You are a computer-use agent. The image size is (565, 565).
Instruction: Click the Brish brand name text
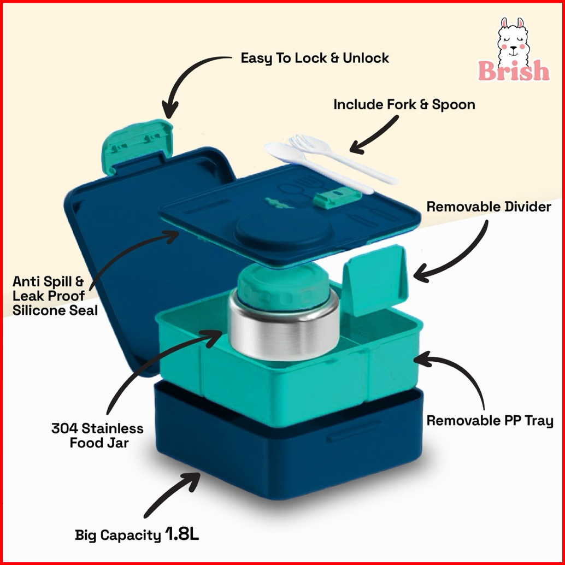coord(514,70)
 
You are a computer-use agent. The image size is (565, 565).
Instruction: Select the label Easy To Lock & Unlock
coord(315,58)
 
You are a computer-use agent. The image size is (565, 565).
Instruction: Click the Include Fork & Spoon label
coord(404,104)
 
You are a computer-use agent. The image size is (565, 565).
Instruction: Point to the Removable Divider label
coord(489,207)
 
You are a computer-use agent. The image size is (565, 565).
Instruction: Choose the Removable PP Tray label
coord(490,421)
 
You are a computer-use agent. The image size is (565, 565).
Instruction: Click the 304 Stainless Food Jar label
coord(98,435)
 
